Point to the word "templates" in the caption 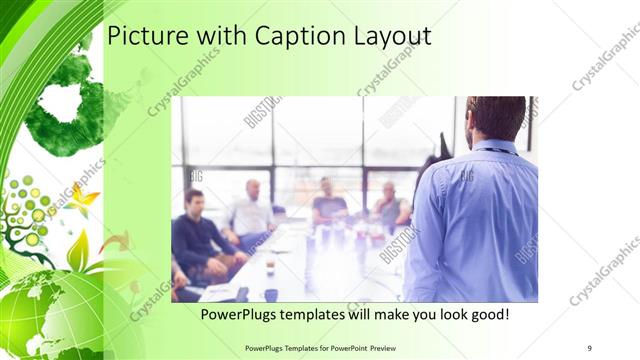click(x=318, y=314)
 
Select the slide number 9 click(x=589, y=347)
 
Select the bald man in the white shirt click(x=250, y=212)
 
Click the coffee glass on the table click(x=270, y=263)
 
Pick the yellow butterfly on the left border click(x=82, y=197)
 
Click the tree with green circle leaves click(x=30, y=215)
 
